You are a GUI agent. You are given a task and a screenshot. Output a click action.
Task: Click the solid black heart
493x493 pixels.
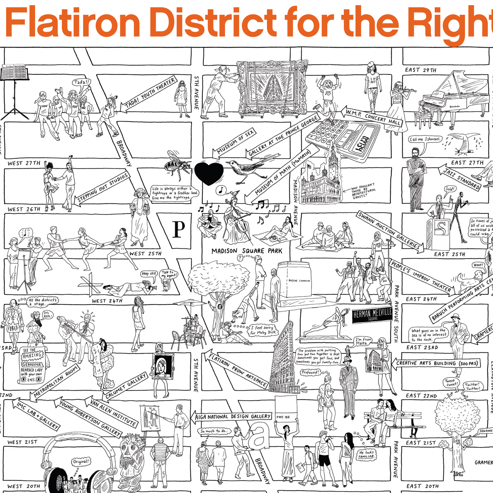point(209,173)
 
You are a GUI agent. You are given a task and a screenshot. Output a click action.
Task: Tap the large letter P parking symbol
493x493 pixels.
point(178,229)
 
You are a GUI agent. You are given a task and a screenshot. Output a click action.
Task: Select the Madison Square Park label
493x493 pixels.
point(247,251)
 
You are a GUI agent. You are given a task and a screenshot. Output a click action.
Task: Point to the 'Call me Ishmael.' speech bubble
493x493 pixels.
point(425,139)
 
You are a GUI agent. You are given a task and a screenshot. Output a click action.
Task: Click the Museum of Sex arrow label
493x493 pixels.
point(234,143)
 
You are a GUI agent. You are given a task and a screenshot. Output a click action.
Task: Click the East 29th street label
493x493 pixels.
point(421,70)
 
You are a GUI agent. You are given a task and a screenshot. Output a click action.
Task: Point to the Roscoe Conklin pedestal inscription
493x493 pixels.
point(299,281)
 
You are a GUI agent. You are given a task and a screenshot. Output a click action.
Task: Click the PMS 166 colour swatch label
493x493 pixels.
point(283,417)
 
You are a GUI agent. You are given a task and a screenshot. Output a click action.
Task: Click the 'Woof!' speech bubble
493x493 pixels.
point(478,265)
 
